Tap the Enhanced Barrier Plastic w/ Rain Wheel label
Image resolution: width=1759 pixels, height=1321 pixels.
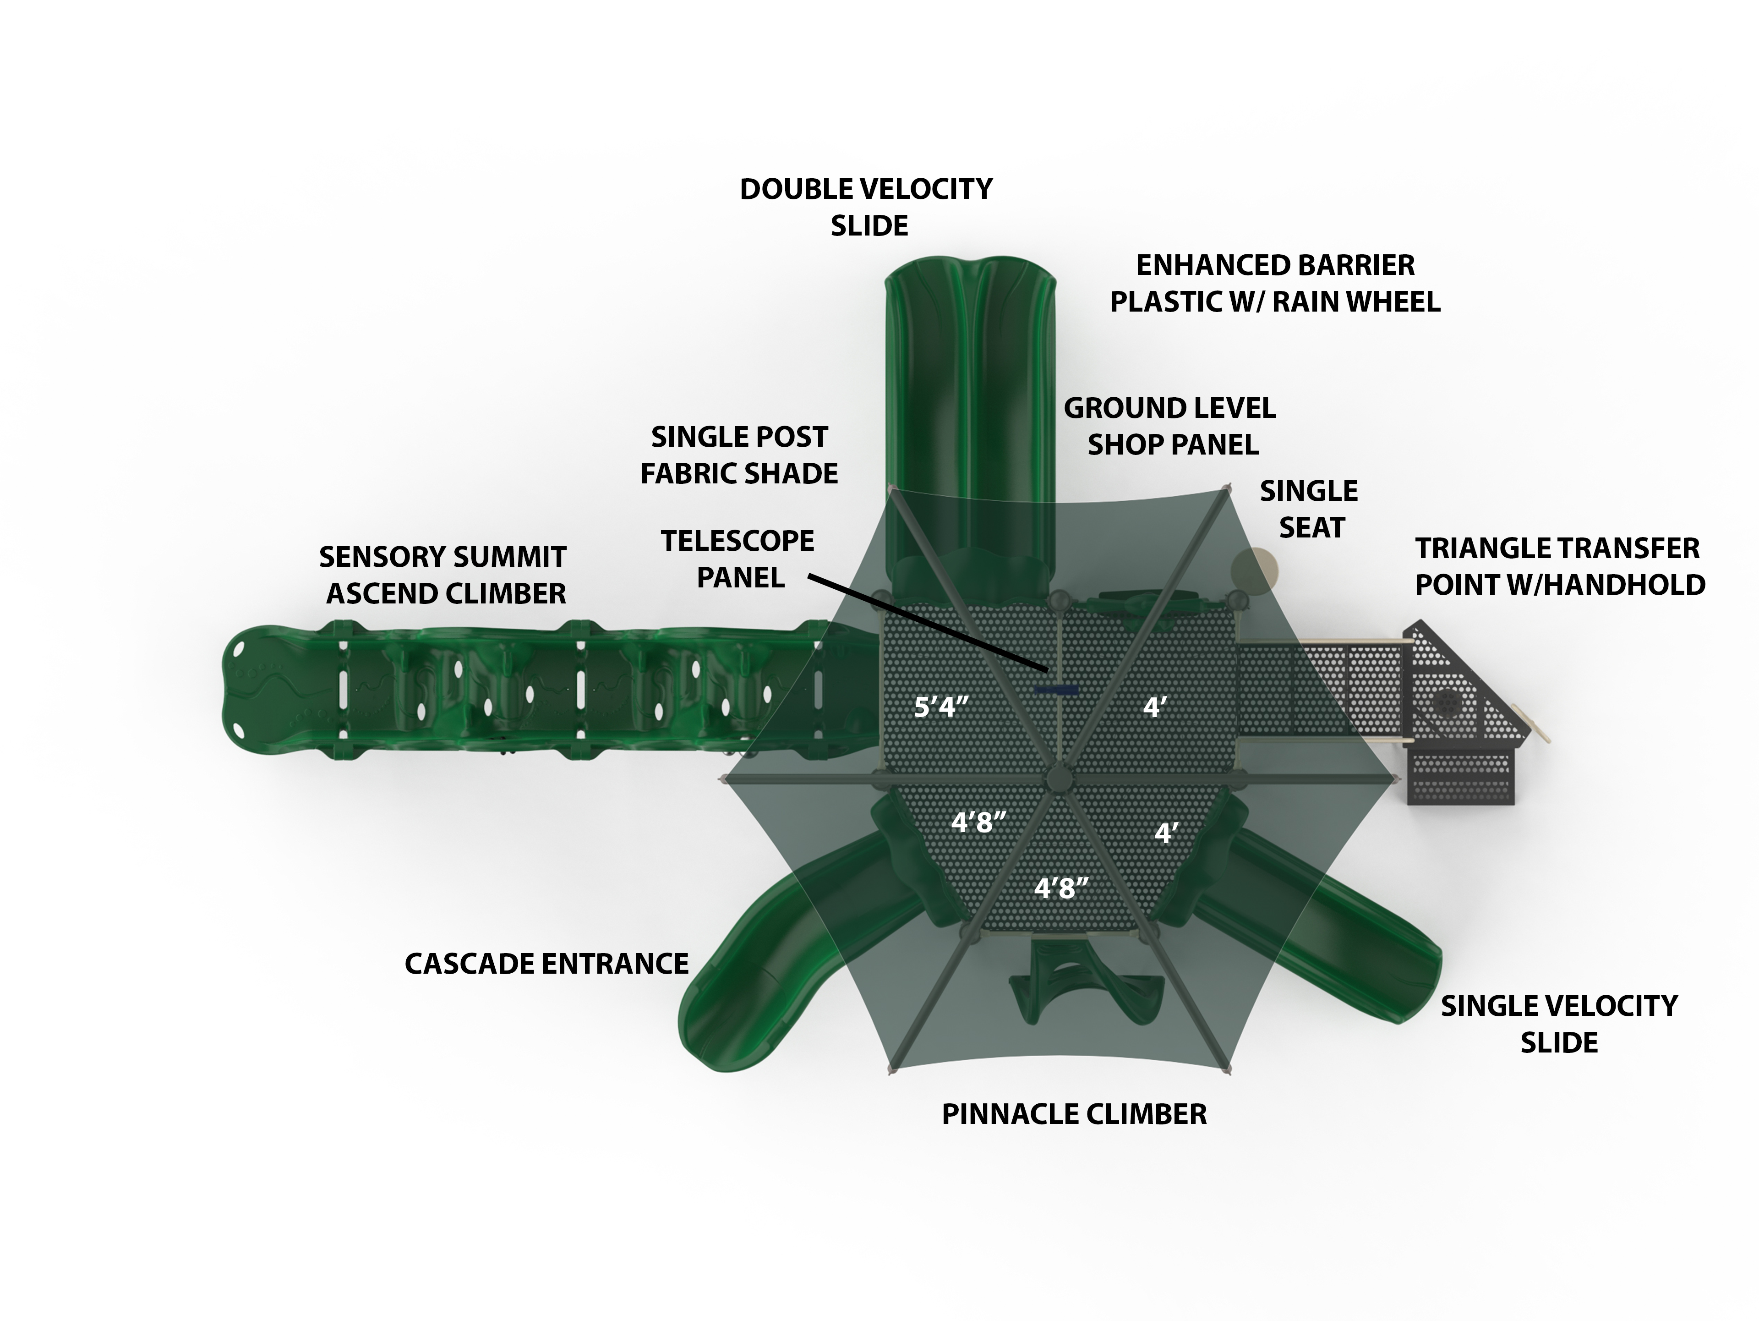click(x=1275, y=283)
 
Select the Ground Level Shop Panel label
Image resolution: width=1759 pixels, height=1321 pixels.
click(x=1170, y=426)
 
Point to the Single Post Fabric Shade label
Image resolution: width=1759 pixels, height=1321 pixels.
click(x=739, y=455)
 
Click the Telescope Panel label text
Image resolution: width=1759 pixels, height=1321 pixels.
click(x=738, y=559)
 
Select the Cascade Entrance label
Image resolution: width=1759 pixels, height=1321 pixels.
click(x=546, y=964)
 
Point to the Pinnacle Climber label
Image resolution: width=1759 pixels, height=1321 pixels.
click(x=1074, y=1114)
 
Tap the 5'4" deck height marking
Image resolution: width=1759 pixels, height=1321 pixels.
click(x=941, y=706)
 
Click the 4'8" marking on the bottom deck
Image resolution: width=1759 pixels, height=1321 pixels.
click(x=1061, y=888)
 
